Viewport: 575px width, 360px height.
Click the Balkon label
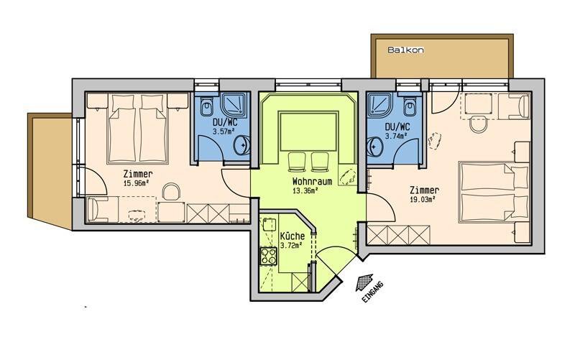point(405,50)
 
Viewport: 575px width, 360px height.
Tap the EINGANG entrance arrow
point(365,282)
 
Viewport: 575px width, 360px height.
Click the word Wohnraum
point(312,181)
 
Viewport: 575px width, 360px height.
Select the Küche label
point(293,236)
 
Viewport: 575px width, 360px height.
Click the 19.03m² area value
point(423,200)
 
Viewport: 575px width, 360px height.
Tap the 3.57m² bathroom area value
point(224,131)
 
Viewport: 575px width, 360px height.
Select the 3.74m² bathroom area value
point(397,136)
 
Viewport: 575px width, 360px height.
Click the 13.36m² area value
point(305,190)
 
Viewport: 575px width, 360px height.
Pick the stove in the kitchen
point(268,257)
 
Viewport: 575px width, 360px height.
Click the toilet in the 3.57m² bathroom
point(206,106)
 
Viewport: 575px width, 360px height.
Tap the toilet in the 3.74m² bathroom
point(410,106)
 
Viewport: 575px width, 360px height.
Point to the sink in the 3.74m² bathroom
point(375,147)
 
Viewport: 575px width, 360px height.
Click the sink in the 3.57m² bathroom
point(242,145)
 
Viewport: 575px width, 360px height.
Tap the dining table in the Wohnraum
point(308,131)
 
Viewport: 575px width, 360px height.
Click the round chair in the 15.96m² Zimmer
point(171,191)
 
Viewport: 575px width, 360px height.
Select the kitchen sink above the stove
point(269,224)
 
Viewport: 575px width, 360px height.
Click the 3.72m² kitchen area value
point(291,246)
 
